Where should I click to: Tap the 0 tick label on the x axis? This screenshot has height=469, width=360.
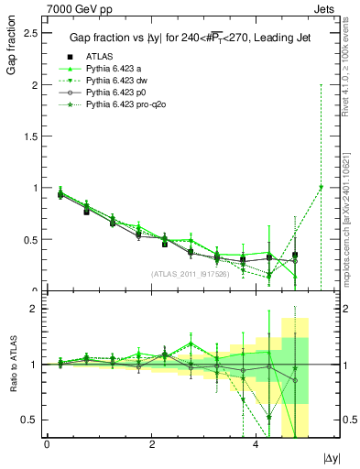pos(47,444)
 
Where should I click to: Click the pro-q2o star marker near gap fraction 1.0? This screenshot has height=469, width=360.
pos(321,188)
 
